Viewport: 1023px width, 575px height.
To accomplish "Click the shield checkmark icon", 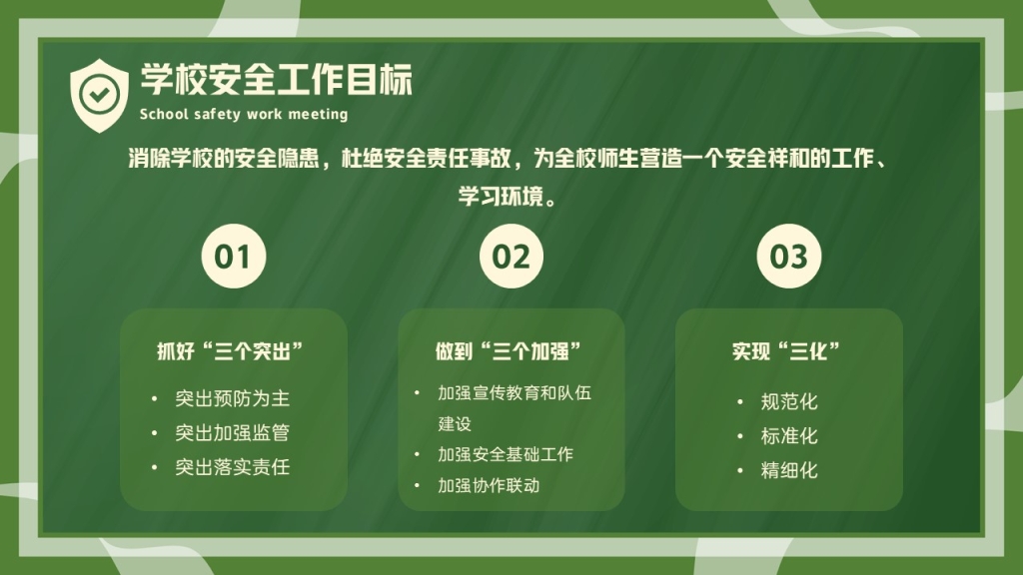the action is [x=99, y=95].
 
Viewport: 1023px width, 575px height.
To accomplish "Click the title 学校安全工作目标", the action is [x=277, y=80].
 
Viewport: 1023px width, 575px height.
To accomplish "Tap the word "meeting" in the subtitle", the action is [x=318, y=114].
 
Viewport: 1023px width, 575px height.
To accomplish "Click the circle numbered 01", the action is [x=234, y=257].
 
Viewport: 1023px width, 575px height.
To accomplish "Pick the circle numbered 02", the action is [x=511, y=257].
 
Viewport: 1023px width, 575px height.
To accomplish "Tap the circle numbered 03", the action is [x=789, y=257].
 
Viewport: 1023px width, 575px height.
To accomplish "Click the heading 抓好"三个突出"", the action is [x=231, y=351].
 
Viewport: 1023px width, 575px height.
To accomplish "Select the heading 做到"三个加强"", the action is [x=509, y=351].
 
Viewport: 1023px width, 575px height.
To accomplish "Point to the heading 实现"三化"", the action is [x=786, y=351].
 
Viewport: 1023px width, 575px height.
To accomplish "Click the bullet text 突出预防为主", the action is [x=232, y=398].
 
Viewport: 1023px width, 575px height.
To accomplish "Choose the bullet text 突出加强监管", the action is [x=232, y=433].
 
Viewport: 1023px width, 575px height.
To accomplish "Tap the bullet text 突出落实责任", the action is [x=232, y=467].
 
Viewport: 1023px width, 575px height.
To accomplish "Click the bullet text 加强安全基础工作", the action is [x=506, y=454].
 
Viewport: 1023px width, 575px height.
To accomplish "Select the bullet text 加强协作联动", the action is [x=489, y=485].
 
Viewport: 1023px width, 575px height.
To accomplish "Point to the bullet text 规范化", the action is [x=789, y=401].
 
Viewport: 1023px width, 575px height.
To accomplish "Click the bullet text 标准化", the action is [x=789, y=436].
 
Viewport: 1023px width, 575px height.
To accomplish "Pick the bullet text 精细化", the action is [x=789, y=470].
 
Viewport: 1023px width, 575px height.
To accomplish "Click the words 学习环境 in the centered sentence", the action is [x=501, y=197].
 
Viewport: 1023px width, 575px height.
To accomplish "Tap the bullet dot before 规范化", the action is [x=740, y=401].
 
